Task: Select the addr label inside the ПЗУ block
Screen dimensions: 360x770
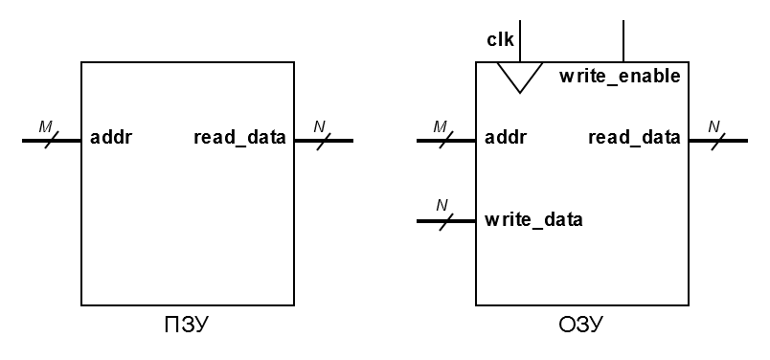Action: coord(111,138)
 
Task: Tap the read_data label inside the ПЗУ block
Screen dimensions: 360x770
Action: coord(239,138)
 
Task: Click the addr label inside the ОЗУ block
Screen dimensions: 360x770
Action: coord(506,138)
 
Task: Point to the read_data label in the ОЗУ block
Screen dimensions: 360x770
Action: coord(634,138)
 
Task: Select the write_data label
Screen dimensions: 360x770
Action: coord(533,219)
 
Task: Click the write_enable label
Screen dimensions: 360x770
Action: coord(620,76)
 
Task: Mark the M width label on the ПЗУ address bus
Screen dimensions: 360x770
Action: coord(44,125)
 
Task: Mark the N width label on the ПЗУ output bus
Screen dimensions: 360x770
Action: coord(320,125)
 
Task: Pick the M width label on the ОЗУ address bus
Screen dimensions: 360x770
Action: coord(440,125)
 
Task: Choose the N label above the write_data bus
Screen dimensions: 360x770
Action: coord(442,205)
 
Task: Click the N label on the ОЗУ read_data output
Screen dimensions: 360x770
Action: coord(714,125)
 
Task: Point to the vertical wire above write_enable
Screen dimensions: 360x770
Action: coord(624,40)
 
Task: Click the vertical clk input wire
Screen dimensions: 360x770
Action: coord(519,40)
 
